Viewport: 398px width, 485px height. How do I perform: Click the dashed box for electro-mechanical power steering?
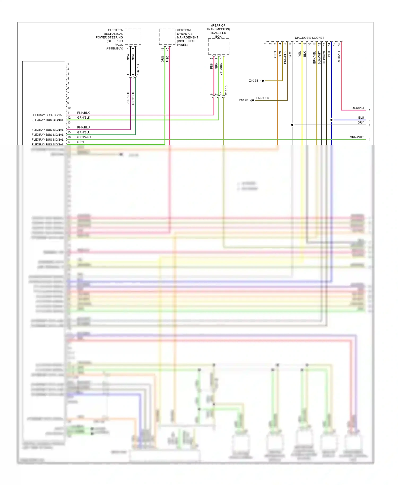click(133, 37)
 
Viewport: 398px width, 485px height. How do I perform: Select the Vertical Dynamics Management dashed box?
click(167, 37)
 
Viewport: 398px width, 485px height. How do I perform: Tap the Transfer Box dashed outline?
click(218, 46)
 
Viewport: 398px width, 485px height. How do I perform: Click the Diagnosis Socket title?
click(309, 38)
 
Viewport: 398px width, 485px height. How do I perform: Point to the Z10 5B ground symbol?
click(262, 81)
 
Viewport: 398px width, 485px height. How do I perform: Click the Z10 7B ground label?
click(243, 100)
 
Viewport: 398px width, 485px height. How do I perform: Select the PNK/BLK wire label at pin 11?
click(83, 113)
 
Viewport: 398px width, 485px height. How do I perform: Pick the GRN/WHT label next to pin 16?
click(84, 137)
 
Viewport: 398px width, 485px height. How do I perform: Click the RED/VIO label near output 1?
click(358, 108)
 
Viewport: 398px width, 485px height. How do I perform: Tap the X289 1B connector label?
click(138, 70)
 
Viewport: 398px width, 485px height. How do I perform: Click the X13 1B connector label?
click(226, 90)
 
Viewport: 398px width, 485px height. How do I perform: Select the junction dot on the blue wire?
click(331, 120)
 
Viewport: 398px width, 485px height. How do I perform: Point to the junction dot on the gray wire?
click(292, 125)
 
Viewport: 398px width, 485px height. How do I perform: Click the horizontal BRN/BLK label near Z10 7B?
click(262, 98)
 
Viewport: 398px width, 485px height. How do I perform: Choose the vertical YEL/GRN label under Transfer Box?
click(221, 69)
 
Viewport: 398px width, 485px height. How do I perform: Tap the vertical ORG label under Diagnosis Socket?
click(275, 54)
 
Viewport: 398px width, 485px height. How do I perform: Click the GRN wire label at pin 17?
click(80, 142)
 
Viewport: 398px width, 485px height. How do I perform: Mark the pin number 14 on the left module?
click(69, 128)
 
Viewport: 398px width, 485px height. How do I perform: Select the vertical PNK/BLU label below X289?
click(128, 98)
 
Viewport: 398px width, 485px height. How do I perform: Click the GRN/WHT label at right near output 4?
click(357, 137)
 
